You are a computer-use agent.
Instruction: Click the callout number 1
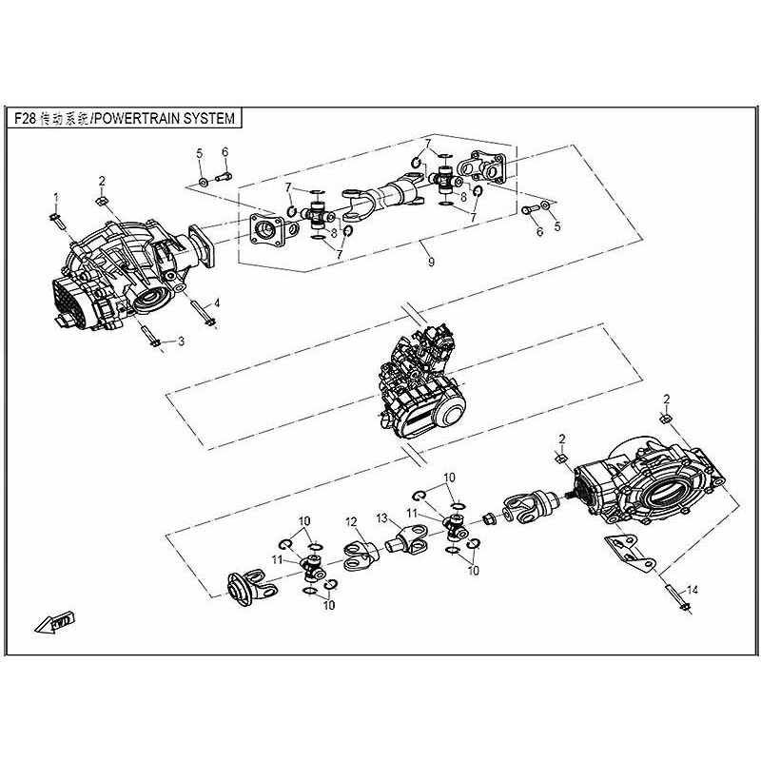[55, 197]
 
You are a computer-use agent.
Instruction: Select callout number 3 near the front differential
[182, 341]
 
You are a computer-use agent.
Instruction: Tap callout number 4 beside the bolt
[217, 302]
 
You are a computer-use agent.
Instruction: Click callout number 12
[351, 521]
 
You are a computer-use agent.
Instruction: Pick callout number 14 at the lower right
[692, 591]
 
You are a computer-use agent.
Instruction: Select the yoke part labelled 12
[356, 556]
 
